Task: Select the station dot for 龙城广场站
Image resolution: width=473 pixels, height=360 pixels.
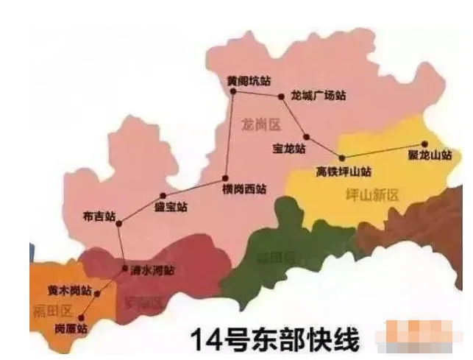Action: pos(280,96)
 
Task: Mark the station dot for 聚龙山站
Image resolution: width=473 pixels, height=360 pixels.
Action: pos(424,145)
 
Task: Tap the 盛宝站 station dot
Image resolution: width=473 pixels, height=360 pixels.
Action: pos(163,196)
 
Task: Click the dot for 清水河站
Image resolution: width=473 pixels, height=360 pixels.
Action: pos(124,268)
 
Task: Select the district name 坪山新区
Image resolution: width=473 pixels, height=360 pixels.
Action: pos(371,195)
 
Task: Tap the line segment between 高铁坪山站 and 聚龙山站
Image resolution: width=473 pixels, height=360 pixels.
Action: pos(383,151)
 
